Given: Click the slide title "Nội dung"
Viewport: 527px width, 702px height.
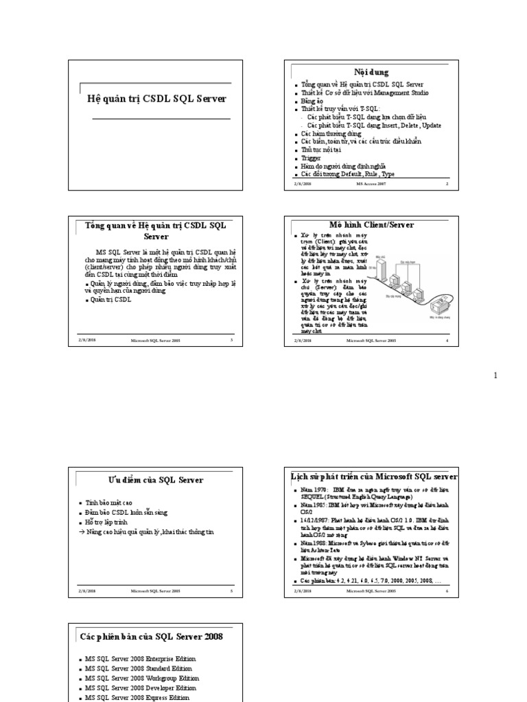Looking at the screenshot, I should [x=371, y=72].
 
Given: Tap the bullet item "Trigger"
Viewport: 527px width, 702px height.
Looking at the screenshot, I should [x=311, y=158].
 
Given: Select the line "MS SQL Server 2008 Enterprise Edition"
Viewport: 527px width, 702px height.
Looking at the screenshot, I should [x=141, y=659].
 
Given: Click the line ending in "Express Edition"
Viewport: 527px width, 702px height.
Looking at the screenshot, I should [x=139, y=697].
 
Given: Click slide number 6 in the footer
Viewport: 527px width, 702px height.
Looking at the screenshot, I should [x=447, y=590].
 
